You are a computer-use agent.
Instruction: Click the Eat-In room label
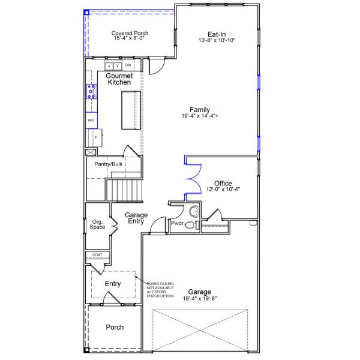click(x=217, y=34)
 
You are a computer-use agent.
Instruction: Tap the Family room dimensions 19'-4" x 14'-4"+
click(x=200, y=116)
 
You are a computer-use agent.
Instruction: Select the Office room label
click(x=223, y=183)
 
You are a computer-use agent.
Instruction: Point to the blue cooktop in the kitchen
click(x=91, y=92)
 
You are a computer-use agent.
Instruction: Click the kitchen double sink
click(x=113, y=67)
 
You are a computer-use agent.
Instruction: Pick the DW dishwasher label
click(x=128, y=65)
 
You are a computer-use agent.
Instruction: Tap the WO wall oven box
click(x=91, y=120)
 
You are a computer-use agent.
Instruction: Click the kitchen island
click(x=131, y=110)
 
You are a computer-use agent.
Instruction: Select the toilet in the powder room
click(x=192, y=225)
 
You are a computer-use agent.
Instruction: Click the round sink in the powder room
click(x=194, y=211)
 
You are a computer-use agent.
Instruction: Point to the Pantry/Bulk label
click(x=109, y=164)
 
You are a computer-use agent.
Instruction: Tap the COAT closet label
click(x=97, y=255)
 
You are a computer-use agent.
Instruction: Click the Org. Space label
click(x=97, y=224)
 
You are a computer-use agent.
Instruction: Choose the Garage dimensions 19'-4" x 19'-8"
click(x=200, y=298)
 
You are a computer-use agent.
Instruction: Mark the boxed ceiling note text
click(x=160, y=290)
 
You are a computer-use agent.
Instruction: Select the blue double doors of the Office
click(x=193, y=179)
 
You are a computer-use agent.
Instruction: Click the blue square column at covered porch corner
click(x=86, y=13)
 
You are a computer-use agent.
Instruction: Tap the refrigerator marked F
click(x=94, y=138)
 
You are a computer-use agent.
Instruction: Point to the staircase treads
click(x=124, y=190)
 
